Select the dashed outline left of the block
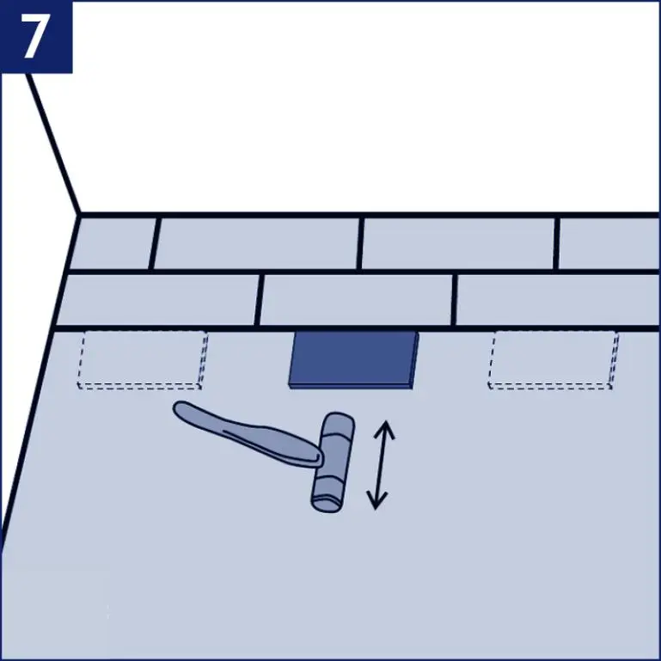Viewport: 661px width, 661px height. (x=144, y=359)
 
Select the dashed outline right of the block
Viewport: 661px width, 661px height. (x=554, y=359)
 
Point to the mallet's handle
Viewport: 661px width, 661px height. (x=249, y=429)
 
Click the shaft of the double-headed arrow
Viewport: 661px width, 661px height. (x=379, y=464)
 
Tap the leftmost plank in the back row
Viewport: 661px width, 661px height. (x=113, y=244)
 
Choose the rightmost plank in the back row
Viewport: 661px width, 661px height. (x=609, y=244)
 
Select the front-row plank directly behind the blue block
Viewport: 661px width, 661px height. (x=356, y=300)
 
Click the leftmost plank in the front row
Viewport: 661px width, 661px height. (x=159, y=300)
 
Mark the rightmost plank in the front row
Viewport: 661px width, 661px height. (x=557, y=300)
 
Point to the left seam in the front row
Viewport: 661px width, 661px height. (x=260, y=300)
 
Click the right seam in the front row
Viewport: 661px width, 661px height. (x=454, y=300)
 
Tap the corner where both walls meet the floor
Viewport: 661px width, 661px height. (x=79, y=214)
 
